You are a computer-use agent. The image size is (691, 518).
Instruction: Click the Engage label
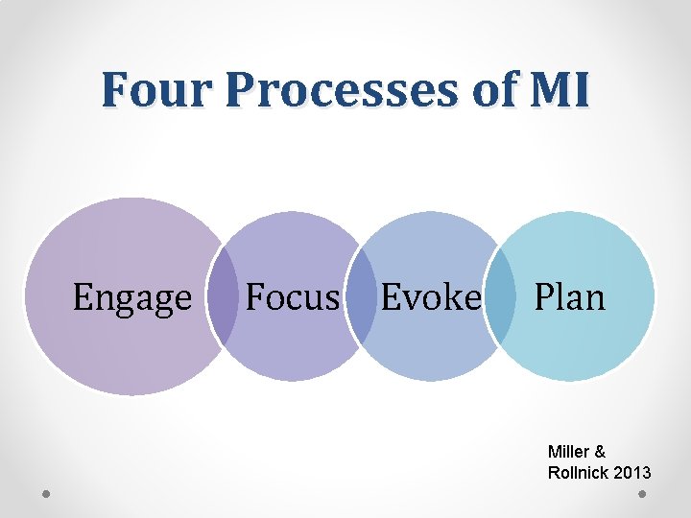click(x=132, y=298)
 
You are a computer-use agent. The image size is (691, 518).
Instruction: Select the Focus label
click(x=293, y=297)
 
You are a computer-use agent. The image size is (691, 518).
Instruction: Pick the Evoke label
click(x=430, y=297)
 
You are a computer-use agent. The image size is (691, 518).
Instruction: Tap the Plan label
click(x=569, y=297)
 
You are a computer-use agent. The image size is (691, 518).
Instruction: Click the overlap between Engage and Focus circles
click(x=224, y=298)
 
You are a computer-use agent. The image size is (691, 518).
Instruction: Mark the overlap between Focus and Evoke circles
click(x=361, y=297)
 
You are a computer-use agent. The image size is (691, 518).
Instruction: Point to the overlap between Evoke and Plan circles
click(x=500, y=297)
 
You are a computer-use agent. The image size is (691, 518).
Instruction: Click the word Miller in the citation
click(x=570, y=451)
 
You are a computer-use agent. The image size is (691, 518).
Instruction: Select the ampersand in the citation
click(x=604, y=451)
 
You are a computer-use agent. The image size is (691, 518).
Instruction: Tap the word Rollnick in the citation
click(x=578, y=473)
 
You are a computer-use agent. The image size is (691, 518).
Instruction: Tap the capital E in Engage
click(x=83, y=297)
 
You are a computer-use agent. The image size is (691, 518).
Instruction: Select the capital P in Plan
click(x=543, y=297)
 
